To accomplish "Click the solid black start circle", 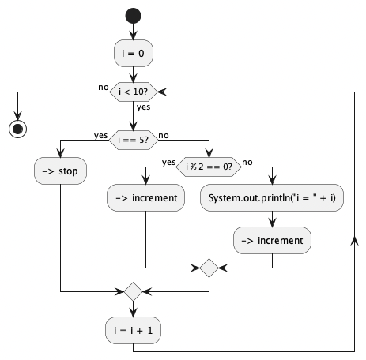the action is (x=133, y=16).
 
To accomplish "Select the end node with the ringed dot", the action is (x=17, y=129).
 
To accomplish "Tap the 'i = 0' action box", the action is (x=134, y=53).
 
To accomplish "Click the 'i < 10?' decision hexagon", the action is (x=134, y=92).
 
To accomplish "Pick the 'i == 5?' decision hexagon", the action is (x=134, y=140).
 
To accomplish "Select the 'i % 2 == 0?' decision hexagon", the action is (x=209, y=167).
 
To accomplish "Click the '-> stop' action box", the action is (x=60, y=171).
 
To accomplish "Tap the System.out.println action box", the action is (x=272, y=197).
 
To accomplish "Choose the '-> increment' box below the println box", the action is (x=272, y=240).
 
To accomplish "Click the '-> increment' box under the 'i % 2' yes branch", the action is (x=145, y=197).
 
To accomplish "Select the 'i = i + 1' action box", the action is (x=133, y=330).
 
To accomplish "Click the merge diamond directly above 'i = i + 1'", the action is (x=133, y=291).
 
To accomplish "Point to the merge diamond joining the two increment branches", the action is (x=209, y=268).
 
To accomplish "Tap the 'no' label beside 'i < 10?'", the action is (x=104, y=87).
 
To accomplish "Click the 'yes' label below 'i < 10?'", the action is (x=143, y=107).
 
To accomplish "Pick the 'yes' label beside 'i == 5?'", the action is (x=100, y=136).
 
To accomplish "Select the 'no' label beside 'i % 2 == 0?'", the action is (x=247, y=163).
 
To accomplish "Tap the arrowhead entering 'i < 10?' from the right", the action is (x=162, y=92).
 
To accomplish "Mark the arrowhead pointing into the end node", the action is (x=17, y=116).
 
